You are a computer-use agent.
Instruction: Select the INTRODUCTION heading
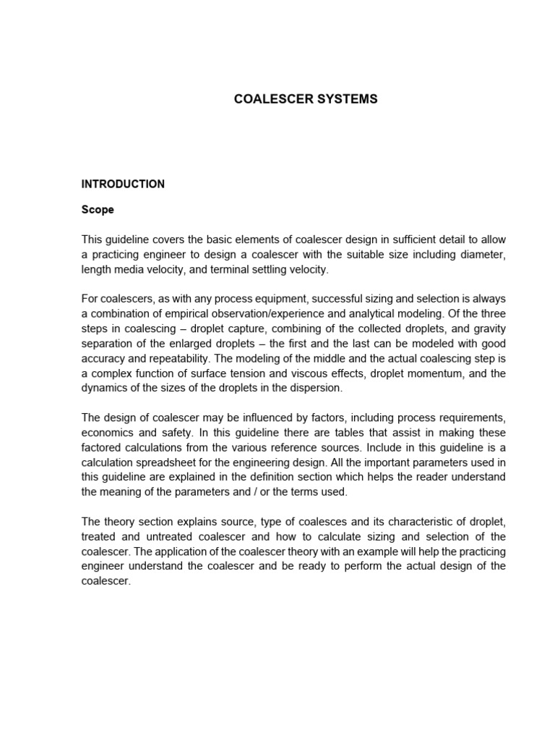click(x=123, y=184)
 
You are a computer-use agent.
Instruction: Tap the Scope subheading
click(x=98, y=211)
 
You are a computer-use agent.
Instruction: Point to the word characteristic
click(x=406, y=521)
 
